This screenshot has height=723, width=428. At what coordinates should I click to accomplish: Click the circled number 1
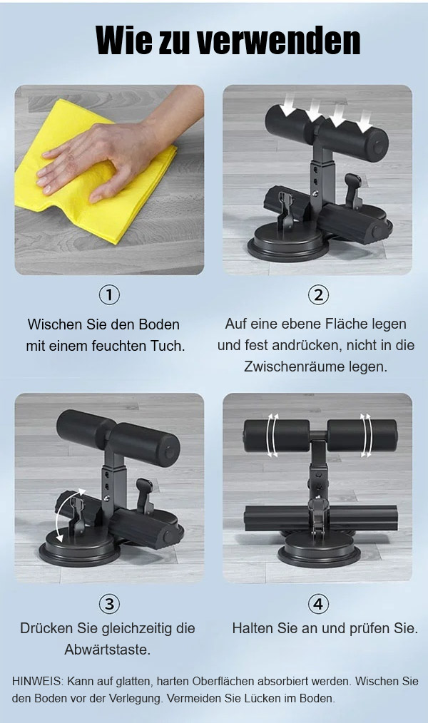pyautogui.click(x=109, y=294)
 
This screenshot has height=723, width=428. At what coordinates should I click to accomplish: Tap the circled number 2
pyautogui.click(x=318, y=294)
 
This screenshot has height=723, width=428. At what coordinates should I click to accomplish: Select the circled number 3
pyautogui.click(x=109, y=604)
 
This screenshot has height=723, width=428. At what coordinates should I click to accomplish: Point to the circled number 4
pyautogui.click(x=318, y=604)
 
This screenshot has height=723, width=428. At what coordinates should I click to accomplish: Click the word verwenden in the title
pyautogui.click(x=279, y=41)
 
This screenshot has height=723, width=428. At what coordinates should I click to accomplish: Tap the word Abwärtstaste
pyautogui.click(x=108, y=650)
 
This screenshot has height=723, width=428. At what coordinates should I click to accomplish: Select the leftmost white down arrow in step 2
pyautogui.click(x=289, y=103)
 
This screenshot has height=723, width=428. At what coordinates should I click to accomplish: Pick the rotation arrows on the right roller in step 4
pyautogui.click(x=366, y=435)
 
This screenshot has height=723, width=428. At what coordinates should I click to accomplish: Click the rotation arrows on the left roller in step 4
pyautogui.click(x=273, y=435)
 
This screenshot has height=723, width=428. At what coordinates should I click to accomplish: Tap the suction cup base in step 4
pyautogui.click(x=319, y=550)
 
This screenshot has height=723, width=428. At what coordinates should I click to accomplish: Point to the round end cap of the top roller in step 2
pyautogui.click(x=378, y=147)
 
